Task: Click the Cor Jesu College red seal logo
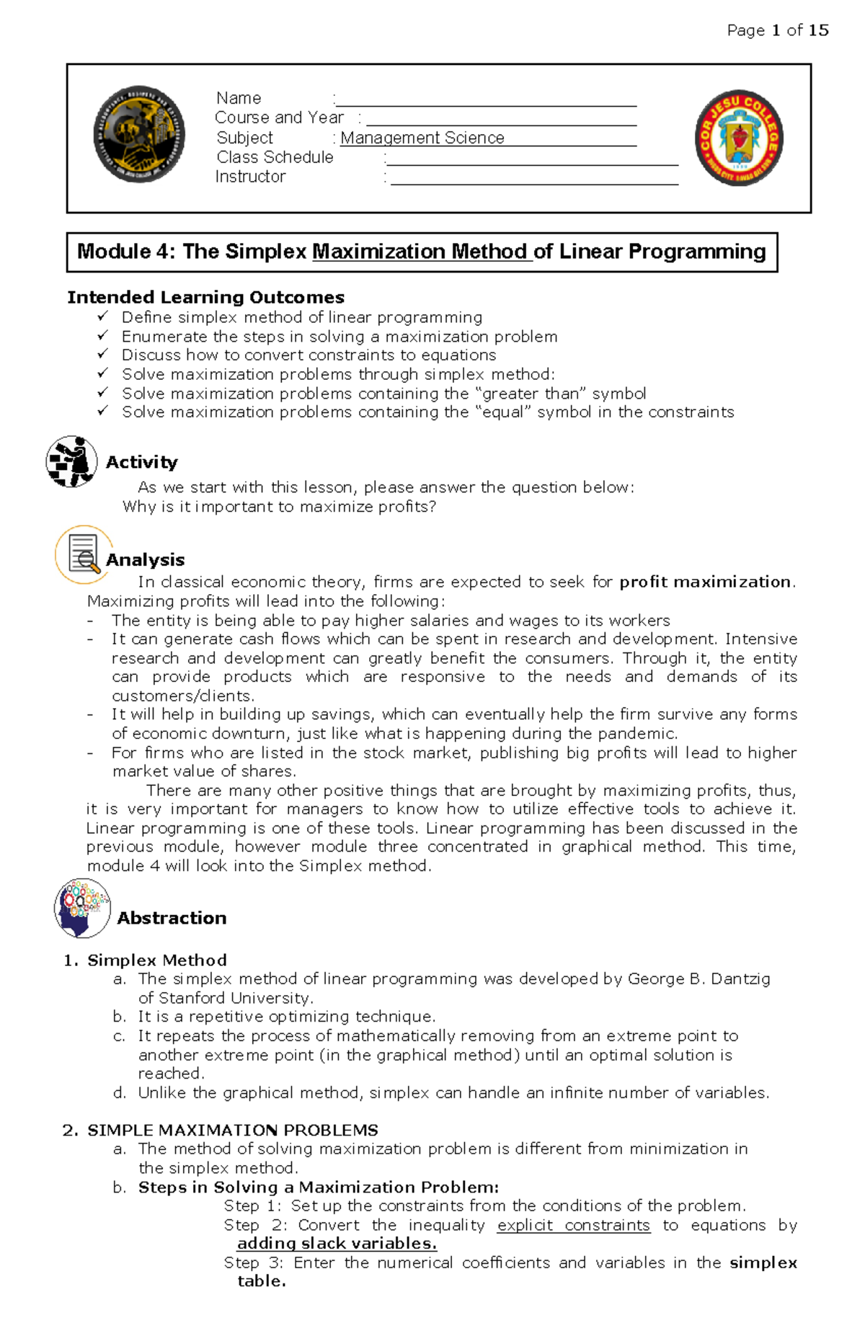click(x=739, y=138)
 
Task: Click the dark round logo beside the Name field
click(x=139, y=135)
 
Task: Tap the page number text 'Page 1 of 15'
click(x=777, y=30)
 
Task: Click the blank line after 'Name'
click(x=487, y=100)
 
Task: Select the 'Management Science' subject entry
click(x=422, y=138)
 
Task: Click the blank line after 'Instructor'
click(x=533, y=178)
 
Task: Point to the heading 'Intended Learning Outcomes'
click(x=205, y=297)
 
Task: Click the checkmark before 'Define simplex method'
click(x=103, y=317)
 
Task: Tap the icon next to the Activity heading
click(x=71, y=461)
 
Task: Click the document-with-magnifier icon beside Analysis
click(x=83, y=554)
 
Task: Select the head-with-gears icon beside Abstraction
click(x=82, y=908)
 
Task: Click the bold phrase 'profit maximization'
click(x=704, y=582)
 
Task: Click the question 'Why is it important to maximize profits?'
click(x=279, y=507)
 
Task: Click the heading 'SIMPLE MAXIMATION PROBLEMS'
click(x=232, y=1130)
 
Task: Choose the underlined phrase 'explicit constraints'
click(x=573, y=1226)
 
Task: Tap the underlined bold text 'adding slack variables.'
click(x=337, y=1244)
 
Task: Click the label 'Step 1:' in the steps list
click(x=252, y=1206)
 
